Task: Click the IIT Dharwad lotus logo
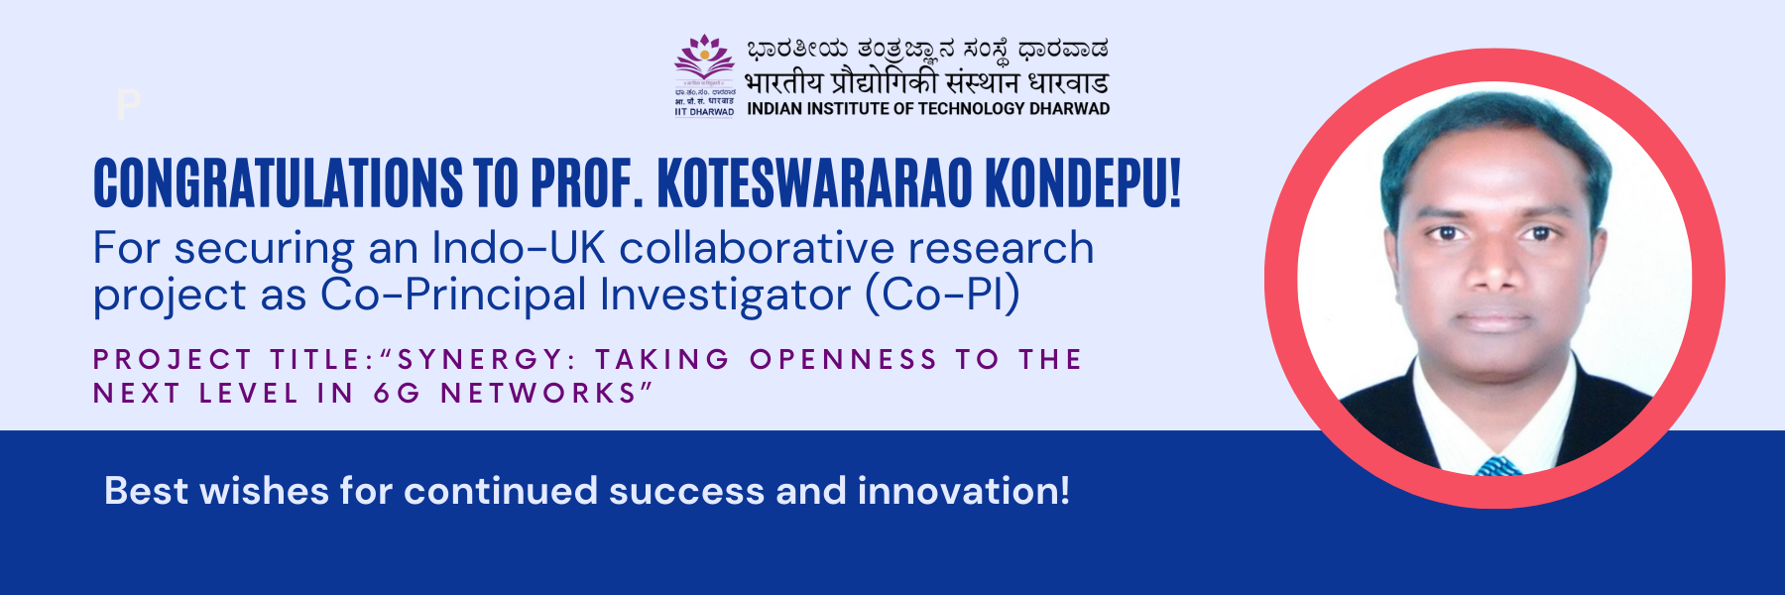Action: click(x=705, y=59)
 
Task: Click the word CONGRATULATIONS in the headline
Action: click(x=279, y=183)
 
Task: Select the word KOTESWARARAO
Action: click(x=815, y=183)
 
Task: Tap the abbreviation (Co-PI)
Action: click(x=943, y=295)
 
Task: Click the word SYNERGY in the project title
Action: click(x=480, y=359)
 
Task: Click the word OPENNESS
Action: click(x=844, y=359)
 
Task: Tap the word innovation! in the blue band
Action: click(x=964, y=491)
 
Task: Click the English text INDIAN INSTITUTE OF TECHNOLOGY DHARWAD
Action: click(x=928, y=109)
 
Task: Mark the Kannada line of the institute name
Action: click(x=927, y=48)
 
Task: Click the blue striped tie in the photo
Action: click(x=1498, y=466)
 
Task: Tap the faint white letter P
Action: click(x=129, y=104)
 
